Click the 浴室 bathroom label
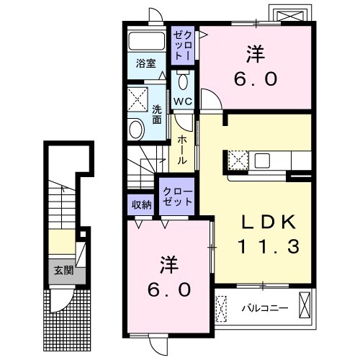pyautogui.click(x=146, y=63)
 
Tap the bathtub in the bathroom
pyautogui.click(x=146, y=41)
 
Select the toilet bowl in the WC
pyautogui.click(x=183, y=81)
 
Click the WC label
pyautogui.click(x=183, y=102)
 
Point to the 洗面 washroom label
pyautogui.click(x=157, y=114)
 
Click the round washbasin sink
pyautogui.click(x=136, y=130)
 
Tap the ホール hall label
pyautogui.click(x=182, y=150)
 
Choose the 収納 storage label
pyautogui.click(x=142, y=204)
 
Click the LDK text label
pyautogui.click(x=269, y=222)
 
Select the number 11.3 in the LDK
pyautogui.click(x=269, y=246)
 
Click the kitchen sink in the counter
pyautogui.click(x=262, y=161)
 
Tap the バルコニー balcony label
pyautogui.click(x=265, y=308)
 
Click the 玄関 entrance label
pyautogui.click(x=63, y=271)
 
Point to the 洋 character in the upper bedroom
pyautogui.click(x=256, y=55)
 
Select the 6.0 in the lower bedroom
pyautogui.click(x=169, y=289)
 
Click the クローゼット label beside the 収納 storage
pyautogui.click(x=178, y=197)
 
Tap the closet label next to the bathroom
pyautogui.click(x=183, y=45)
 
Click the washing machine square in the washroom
pyautogui.click(x=138, y=99)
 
